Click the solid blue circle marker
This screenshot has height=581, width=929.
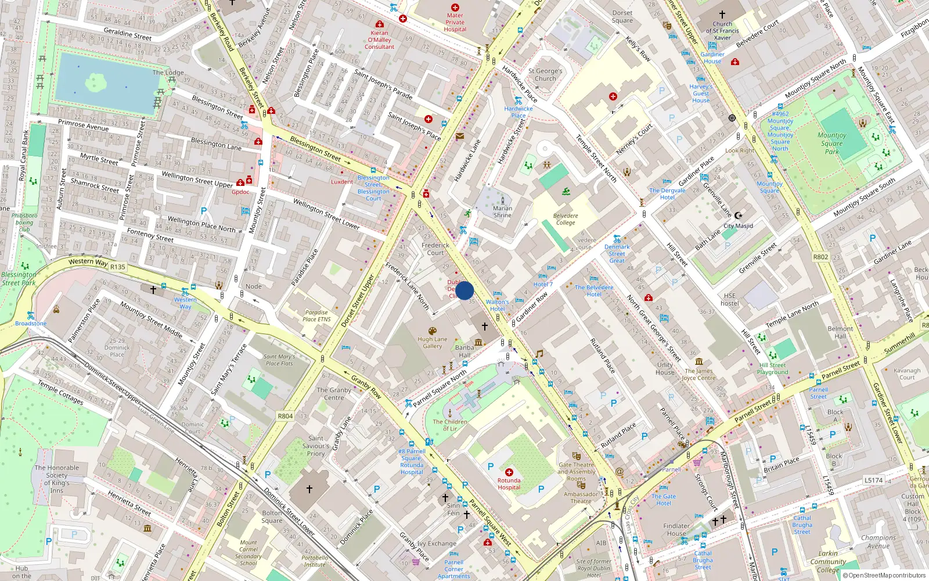[464, 290]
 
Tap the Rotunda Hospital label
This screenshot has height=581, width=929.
[509, 484]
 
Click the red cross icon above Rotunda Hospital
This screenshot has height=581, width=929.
[509, 472]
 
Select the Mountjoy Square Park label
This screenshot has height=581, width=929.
[831, 143]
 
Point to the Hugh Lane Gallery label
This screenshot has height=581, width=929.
[433, 343]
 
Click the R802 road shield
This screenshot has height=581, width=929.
[820, 257]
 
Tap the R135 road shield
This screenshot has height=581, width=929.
[117, 267]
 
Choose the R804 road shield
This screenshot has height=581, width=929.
[285, 416]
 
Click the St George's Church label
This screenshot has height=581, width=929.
[545, 74]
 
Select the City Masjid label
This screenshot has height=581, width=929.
[738, 226]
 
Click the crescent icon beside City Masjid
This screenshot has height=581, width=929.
[738, 216]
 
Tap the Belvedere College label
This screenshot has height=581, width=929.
[566, 219]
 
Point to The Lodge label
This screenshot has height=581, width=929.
[168, 73]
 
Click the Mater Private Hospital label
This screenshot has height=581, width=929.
[455, 23]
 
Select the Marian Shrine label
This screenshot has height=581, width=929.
[502, 211]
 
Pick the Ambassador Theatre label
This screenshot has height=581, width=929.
[581, 498]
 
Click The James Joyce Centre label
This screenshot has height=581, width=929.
[698, 374]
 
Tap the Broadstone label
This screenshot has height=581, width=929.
[31, 324]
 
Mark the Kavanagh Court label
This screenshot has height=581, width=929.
[907, 374]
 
